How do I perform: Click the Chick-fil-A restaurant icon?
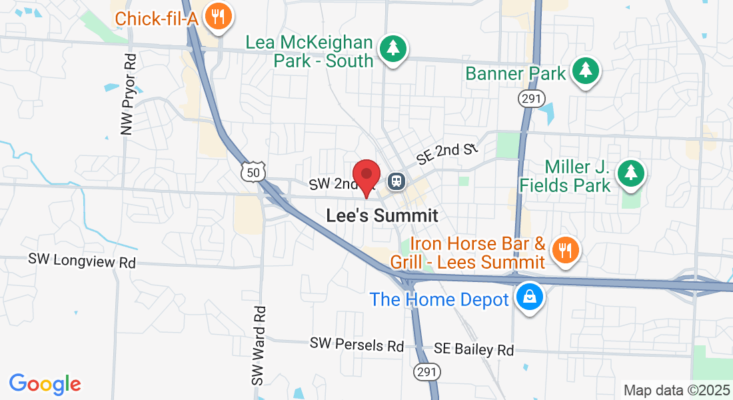(x=217, y=16)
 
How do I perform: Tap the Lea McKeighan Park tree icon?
(x=393, y=49)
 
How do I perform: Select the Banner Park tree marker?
(x=585, y=71)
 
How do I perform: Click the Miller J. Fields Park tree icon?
(x=630, y=173)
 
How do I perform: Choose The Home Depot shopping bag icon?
(x=529, y=297)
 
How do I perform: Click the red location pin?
(x=366, y=176)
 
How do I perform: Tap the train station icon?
(x=397, y=181)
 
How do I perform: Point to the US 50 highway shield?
(x=254, y=171)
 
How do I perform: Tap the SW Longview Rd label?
(x=82, y=261)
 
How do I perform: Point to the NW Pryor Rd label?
(x=129, y=95)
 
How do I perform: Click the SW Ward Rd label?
(x=259, y=345)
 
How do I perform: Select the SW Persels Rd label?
(x=357, y=345)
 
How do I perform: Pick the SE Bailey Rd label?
(x=474, y=349)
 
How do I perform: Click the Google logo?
(x=45, y=384)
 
